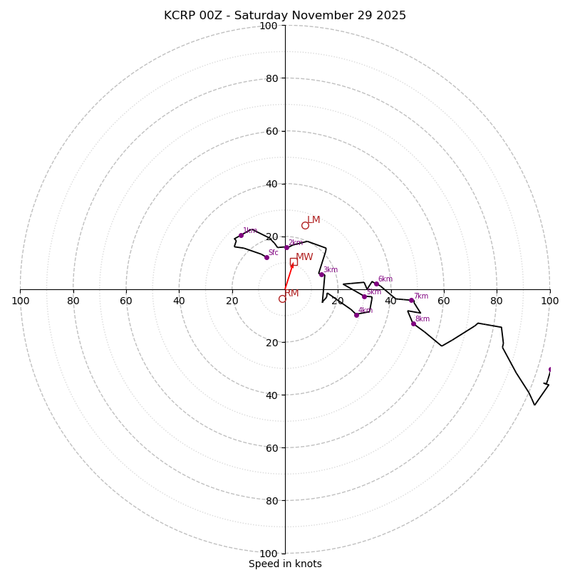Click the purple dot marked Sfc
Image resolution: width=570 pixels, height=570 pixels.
(x=266, y=257)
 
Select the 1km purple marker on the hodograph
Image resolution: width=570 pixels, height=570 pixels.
(x=241, y=235)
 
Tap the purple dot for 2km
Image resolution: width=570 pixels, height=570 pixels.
(x=286, y=247)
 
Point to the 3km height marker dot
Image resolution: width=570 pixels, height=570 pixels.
(x=321, y=274)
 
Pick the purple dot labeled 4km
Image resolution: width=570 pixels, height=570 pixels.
(x=356, y=315)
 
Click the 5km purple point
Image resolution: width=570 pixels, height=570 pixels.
(x=364, y=296)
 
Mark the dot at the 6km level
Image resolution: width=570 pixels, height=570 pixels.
(x=376, y=284)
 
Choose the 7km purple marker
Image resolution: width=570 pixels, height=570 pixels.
(x=411, y=301)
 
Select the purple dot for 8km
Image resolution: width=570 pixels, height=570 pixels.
(x=413, y=323)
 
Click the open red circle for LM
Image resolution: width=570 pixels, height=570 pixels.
(x=305, y=225)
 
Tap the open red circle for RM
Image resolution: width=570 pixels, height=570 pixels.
(x=282, y=299)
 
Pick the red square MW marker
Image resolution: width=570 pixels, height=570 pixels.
(x=294, y=262)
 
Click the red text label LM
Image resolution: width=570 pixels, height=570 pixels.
(x=313, y=220)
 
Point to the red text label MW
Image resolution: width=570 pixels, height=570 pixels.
(x=304, y=257)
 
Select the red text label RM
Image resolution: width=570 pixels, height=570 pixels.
(x=291, y=294)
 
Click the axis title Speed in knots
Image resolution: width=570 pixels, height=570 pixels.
(x=285, y=564)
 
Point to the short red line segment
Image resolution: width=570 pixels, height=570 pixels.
(x=289, y=276)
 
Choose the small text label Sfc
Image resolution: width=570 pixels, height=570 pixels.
(x=274, y=252)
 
